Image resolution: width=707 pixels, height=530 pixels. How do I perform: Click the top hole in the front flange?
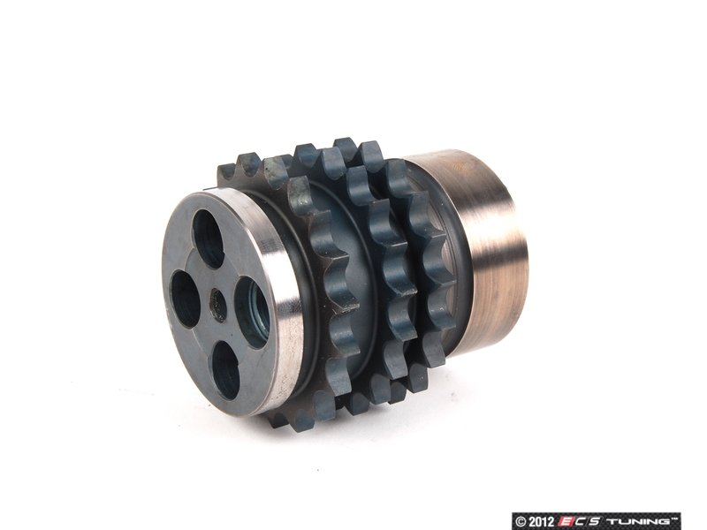point(208,238)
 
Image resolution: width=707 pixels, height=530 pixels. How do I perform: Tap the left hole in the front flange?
point(185,299)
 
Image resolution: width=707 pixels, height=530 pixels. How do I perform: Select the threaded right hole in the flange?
point(253,312)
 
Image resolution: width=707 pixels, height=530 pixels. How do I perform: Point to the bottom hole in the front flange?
point(225,370)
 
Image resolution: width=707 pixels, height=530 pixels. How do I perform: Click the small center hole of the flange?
point(218,305)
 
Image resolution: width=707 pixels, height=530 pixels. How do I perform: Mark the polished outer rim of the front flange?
point(280,298)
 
